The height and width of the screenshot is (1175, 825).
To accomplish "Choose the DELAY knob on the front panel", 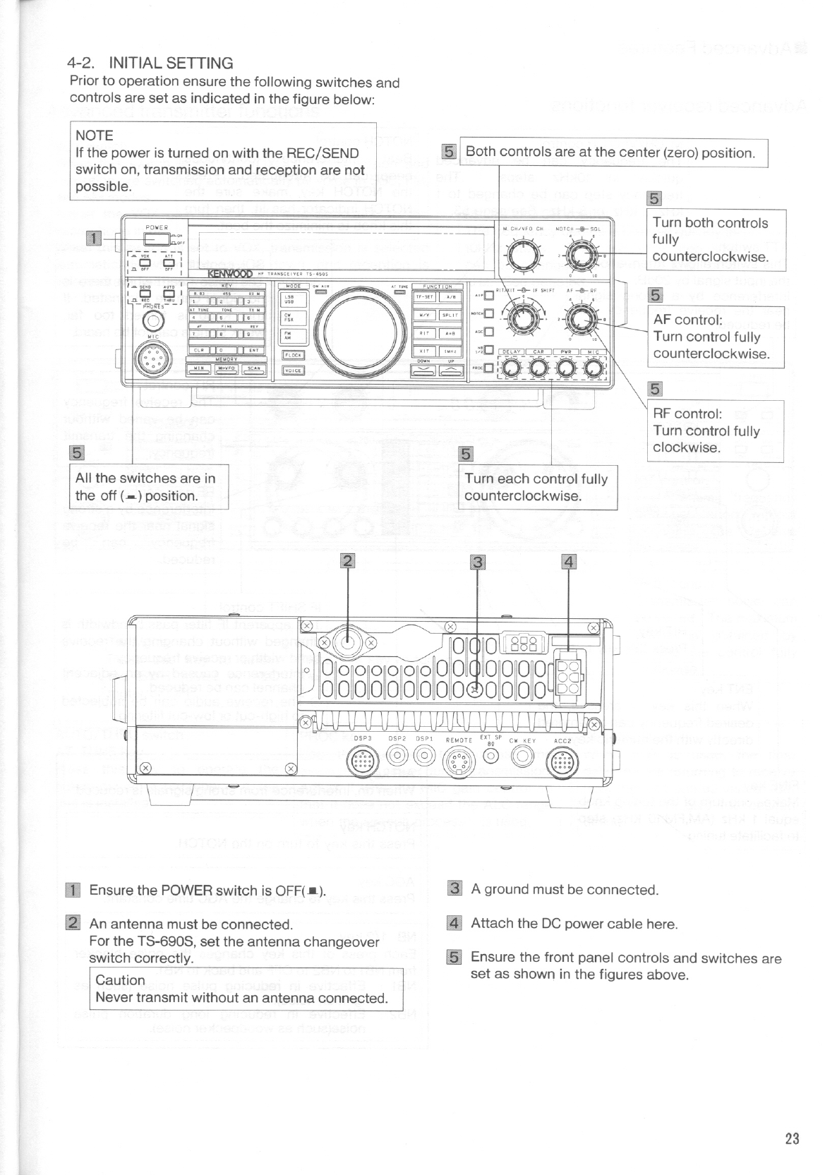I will tap(512, 368).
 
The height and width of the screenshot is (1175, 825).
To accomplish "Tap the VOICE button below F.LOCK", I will tap(293, 370).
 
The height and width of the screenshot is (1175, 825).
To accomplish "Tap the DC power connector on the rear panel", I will tap(569, 677).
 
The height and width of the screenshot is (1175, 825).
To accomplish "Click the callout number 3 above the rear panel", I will tap(478, 562).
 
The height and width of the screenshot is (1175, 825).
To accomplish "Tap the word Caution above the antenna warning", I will tap(120, 980).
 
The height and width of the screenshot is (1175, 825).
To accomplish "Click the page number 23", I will tap(791, 1138).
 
